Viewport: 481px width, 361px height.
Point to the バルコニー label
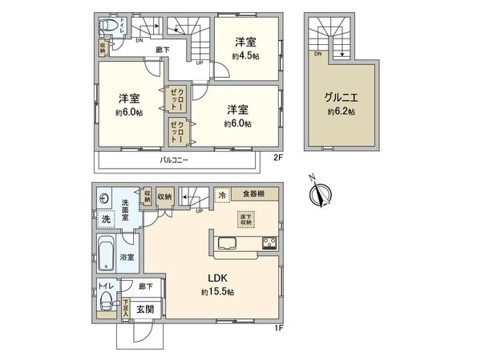click(x=175, y=161)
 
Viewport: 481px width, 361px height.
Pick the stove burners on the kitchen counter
click(x=268, y=244)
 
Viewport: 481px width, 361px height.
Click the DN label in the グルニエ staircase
click(x=318, y=54)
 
